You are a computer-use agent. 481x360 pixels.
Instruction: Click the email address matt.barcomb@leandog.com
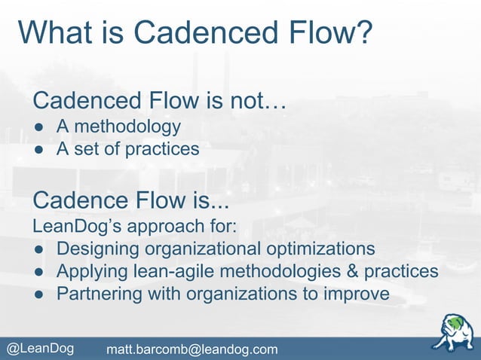coord(191,349)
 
